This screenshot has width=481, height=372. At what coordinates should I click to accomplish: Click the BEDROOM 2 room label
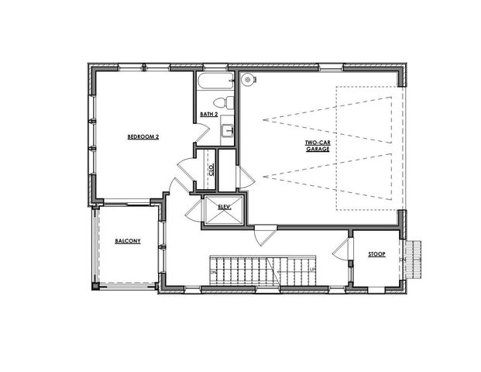click(x=143, y=137)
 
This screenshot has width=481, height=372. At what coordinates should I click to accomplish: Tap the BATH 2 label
click(x=208, y=115)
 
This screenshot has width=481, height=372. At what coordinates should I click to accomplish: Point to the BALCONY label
click(x=127, y=241)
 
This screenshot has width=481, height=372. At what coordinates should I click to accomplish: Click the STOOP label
click(x=376, y=253)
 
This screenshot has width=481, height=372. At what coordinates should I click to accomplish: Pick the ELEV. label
click(x=225, y=206)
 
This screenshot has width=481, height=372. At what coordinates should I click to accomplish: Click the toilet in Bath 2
click(x=221, y=102)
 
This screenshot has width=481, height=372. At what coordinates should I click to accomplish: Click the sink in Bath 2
click(x=228, y=131)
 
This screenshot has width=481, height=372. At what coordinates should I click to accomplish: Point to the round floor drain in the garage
click(x=248, y=79)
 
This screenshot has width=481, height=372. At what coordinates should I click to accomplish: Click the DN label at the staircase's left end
click(x=213, y=273)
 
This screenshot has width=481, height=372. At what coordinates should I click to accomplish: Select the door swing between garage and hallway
click(x=264, y=234)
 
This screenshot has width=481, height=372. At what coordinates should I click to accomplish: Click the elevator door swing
click(x=191, y=205)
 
